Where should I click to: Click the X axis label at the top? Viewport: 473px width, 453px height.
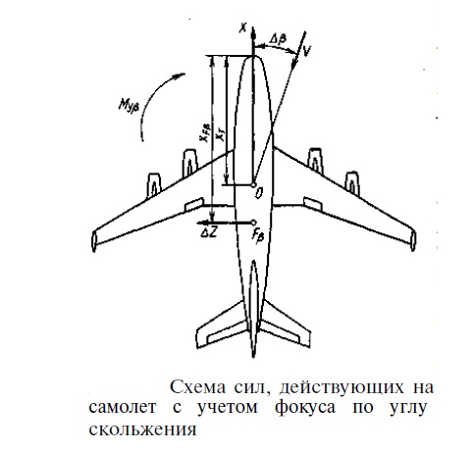pyautogui.click(x=242, y=28)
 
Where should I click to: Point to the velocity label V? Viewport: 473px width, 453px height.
pyautogui.click(x=306, y=50)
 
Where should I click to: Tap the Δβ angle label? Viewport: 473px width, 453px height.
pyautogui.click(x=278, y=39)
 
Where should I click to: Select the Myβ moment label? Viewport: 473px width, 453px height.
pyautogui.click(x=129, y=105)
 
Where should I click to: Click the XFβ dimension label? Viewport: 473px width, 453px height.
pyautogui.click(x=205, y=132)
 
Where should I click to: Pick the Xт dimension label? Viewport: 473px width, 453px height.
pyautogui.click(x=221, y=135)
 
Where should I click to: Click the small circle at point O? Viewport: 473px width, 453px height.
pyautogui.click(x=253, y=185)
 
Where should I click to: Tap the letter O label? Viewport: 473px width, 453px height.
pyautogui.click(x=259, y=193)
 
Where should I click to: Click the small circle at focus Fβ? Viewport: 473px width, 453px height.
pyautogui.click(x=253, y=223)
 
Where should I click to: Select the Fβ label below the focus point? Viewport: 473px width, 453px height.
pyautogui.click(x=257, y=235)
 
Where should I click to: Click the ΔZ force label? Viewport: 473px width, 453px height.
pyautogui.click(x=208, y=232)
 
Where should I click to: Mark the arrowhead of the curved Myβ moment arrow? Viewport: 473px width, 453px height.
pyautogui.click(x=180, y=76)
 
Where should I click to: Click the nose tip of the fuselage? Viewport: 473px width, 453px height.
pyautogui.click(x=253, y=56)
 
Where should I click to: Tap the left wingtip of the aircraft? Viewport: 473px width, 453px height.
pyautogui.click(x=94, y=241)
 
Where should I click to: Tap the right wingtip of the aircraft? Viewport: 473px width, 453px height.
pyautogui.click(x=413, y=241)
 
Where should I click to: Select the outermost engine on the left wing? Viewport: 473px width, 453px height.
pyautogui.click(x=154, y=185)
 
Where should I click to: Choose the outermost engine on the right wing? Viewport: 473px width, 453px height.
pyautogui.click(x=352, y=183)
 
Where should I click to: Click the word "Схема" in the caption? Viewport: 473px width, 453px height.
pyautogui.click(x=197, y=387)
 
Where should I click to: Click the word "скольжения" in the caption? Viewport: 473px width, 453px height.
pyautogui.click(x=142, y=429)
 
